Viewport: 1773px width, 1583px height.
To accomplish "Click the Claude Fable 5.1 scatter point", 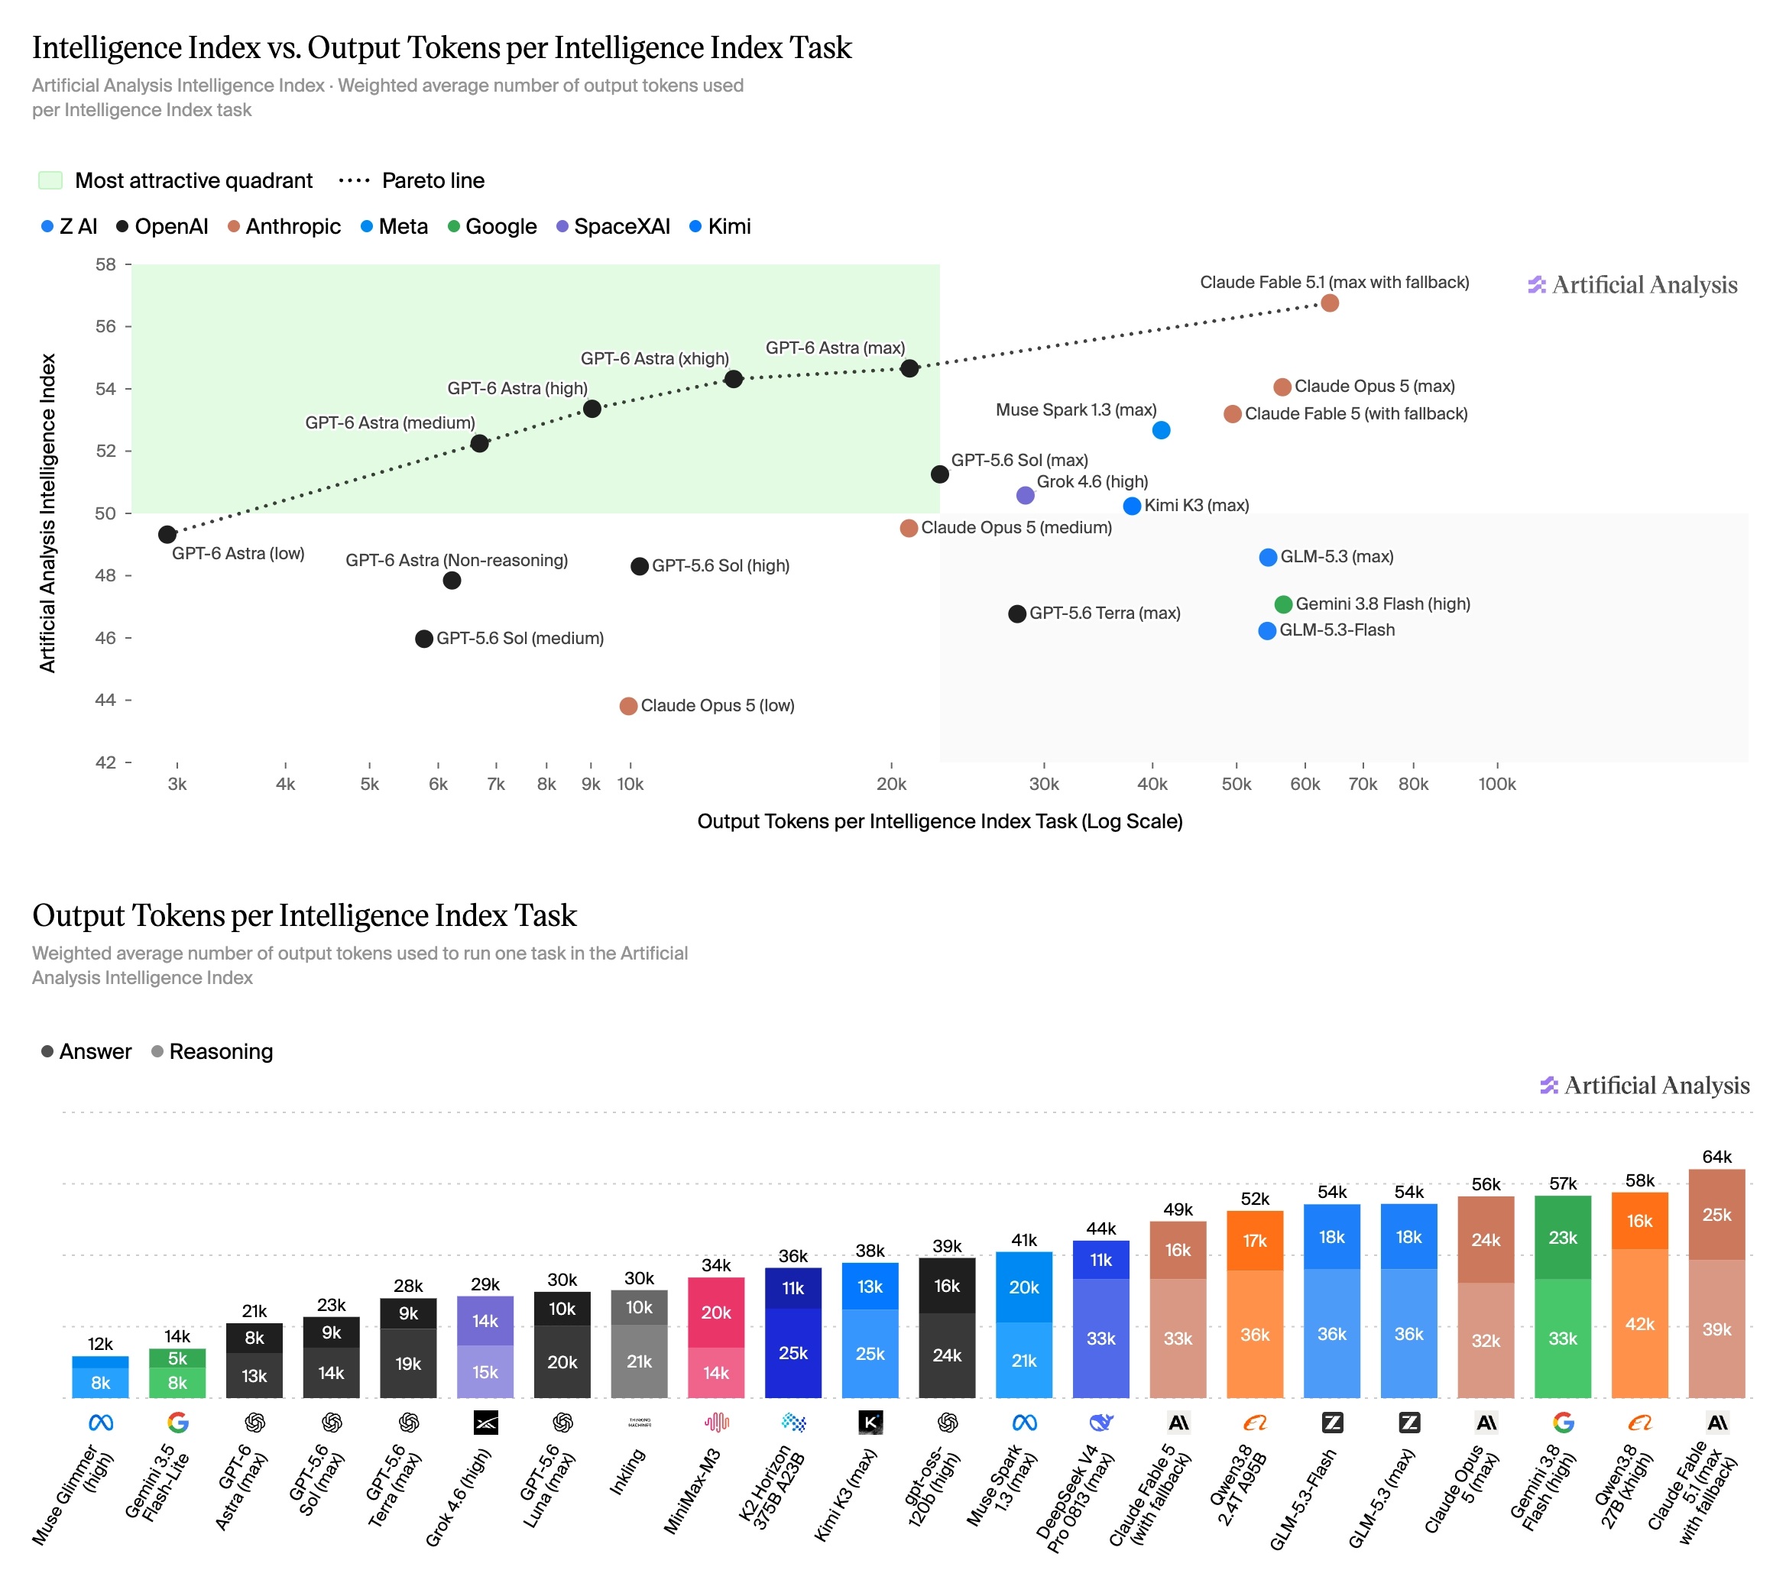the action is pyautogui.click(x=1328, y=303).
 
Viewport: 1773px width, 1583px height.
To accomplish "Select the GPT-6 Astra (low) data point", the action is pyautogui.click(x=167, y=534).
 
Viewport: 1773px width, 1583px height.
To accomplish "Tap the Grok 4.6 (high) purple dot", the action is pyautogui.click(x=1025, y=495).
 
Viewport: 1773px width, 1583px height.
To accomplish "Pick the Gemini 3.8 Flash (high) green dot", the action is pyautogui.click(x=1282, y=604).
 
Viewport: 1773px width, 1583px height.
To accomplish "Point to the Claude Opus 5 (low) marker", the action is pyautogui.click(x=628, y=705).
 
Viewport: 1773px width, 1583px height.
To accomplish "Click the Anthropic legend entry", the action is pyautogui.click(x=284, y=226).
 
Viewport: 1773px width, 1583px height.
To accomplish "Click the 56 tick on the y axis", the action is pyautogui.click(x=105, y=326).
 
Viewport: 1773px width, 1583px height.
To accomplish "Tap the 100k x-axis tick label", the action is pyautogui.click(x=1496, y=784).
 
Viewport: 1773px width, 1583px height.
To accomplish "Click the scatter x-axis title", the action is pyautogui.click(x=939, y=821).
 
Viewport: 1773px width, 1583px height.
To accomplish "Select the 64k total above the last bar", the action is pyautogui.click(x=1716, y=1157).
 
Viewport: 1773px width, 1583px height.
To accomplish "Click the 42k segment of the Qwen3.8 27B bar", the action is pyautogui.click(x=1639, y=1324).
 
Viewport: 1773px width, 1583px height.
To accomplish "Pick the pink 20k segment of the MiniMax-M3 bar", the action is pyautogui.click(x=715, y=1313).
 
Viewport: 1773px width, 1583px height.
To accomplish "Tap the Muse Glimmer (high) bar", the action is pyautogui.click(x=100, y=1377).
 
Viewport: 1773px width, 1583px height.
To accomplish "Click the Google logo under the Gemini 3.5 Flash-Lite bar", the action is pyautogui.click(x=177, y=1422).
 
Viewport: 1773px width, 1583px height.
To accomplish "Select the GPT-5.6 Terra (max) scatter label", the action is pyautogui.click(x=1105, y=613).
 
